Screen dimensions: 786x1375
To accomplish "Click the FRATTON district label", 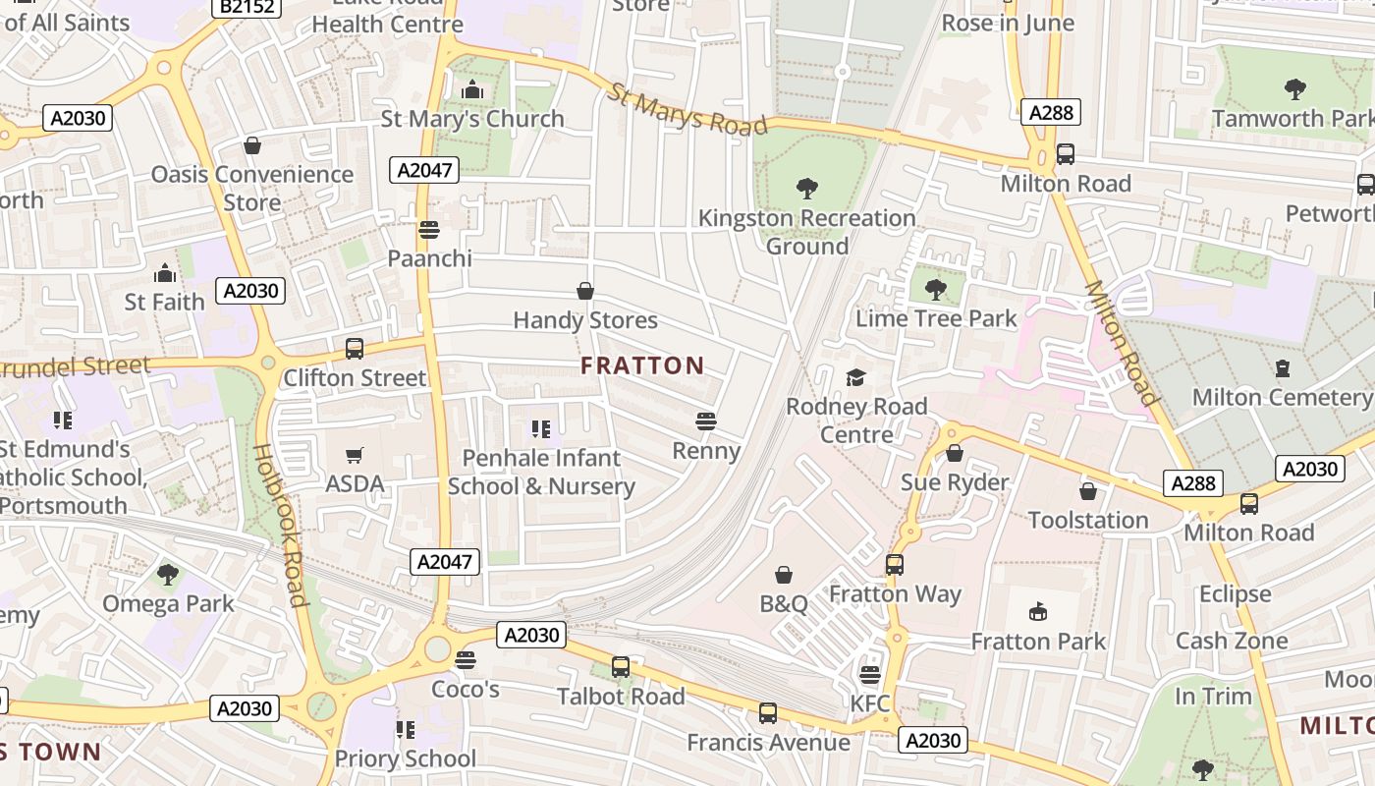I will (642, 365).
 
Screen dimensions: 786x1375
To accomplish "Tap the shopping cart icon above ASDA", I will (355, 455).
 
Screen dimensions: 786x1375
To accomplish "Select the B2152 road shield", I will (247, 8).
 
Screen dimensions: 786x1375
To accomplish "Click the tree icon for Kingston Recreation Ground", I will (807, 188).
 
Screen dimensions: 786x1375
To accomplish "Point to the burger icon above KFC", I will (869, 674).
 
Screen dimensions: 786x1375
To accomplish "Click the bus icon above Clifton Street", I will (355, 349).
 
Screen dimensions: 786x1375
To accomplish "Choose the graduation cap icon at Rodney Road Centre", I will (855, 377).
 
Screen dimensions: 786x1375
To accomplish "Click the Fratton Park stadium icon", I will (1038, 612).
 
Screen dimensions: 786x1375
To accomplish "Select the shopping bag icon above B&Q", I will (784, 575).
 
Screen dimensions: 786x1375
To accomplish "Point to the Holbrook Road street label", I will (280, 525).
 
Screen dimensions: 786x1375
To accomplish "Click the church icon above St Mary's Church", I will (472, 90).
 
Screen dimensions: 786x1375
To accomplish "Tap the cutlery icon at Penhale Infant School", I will (540, 428).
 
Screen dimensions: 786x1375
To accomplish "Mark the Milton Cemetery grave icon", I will (1282, 368).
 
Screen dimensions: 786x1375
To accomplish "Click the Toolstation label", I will (1087, 520).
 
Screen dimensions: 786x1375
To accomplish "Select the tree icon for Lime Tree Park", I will (936, 289).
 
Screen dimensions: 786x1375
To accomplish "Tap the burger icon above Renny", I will (705, 421).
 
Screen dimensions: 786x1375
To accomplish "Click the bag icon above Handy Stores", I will (585, 291).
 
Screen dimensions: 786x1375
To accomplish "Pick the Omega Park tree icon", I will (168, 574).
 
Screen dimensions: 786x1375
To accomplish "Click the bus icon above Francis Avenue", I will (768, 713).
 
